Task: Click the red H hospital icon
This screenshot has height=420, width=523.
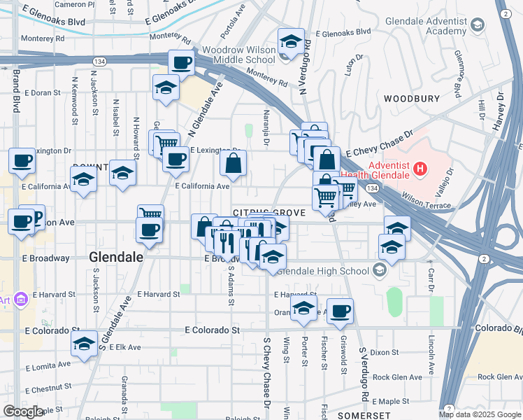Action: coord(420,168)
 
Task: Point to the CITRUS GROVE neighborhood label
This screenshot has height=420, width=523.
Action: coord(269,212)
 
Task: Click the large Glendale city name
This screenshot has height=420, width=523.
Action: coord(116,257)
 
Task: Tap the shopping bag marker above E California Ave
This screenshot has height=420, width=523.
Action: coord(234,164)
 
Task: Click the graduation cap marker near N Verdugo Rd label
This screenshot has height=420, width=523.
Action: coord(291,42)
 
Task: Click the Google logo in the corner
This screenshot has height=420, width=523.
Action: coord(23,412)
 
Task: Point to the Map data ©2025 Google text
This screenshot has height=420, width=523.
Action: coord(480,414)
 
